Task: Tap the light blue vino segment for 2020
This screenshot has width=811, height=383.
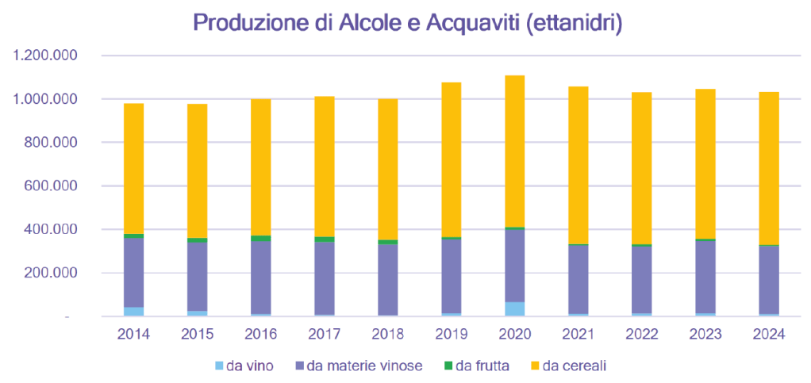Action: (514, 308)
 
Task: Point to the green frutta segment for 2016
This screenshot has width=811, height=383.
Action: (260, 238)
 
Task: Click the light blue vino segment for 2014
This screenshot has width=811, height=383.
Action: (133, 311)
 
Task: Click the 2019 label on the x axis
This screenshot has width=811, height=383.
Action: (451, 334)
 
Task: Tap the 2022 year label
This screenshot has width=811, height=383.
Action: (641, 334)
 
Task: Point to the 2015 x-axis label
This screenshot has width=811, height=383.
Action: (197, 334)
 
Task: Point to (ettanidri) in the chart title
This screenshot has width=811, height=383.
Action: (570, 23)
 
